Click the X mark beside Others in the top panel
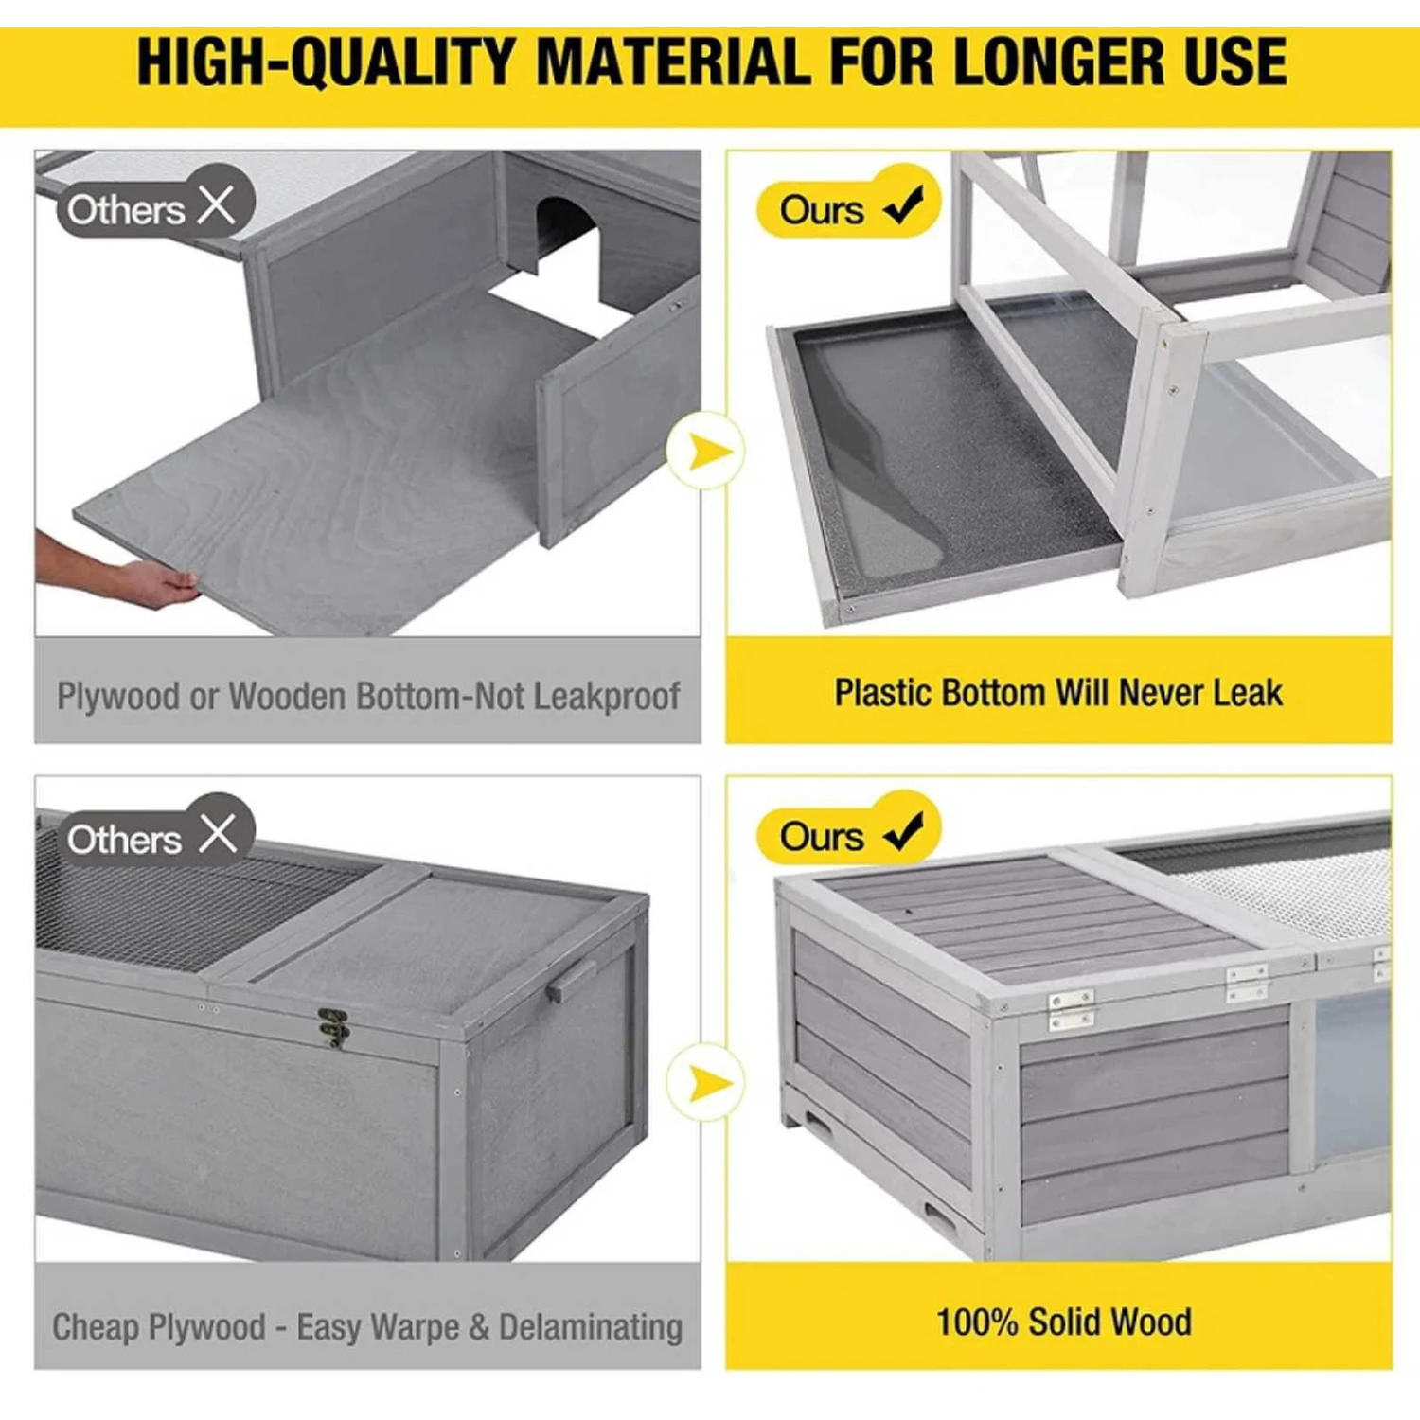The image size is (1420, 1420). [x=217, y=204]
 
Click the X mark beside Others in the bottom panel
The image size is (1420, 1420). [x=218, y=834]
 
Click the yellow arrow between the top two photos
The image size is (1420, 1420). [x=708, y=452]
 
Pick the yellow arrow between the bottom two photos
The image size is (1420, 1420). [x=708, y=1083]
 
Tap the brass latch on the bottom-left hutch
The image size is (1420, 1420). [x=333, y=1027]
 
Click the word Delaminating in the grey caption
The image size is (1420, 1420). [x=591, y=1327]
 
